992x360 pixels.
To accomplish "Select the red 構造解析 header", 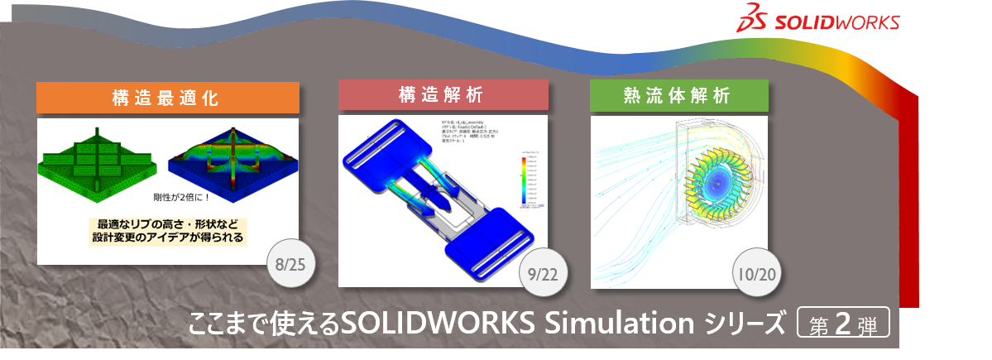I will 443,95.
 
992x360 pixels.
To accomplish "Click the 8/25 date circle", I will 291,266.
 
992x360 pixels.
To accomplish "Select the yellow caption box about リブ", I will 170,231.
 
